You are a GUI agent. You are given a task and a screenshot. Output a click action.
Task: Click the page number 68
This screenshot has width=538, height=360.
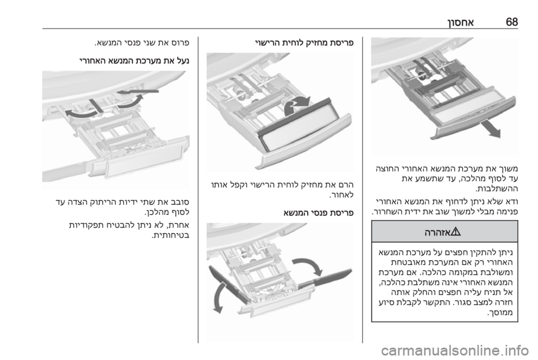click(x=512, y=22)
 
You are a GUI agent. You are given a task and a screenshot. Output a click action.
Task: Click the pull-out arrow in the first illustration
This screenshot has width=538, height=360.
click(x=489, y=129)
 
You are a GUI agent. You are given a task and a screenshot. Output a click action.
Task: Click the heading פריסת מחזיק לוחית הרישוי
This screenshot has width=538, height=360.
click(x=304, y=44)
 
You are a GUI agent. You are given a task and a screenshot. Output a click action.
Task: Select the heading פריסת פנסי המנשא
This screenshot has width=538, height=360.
click(x=318, y=213)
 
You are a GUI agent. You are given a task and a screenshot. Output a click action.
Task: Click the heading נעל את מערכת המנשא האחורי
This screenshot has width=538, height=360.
click(x=134, y=61)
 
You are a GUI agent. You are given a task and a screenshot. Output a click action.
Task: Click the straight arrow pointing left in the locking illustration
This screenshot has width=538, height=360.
click(x=138, y=91)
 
